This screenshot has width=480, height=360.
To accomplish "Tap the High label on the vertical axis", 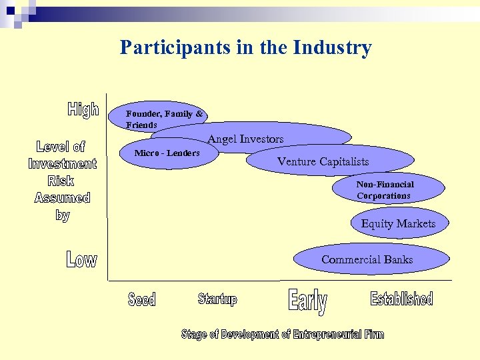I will (83, 110).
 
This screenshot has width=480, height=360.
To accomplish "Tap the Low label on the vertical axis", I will (81, 259).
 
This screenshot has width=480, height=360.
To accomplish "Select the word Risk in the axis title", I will (61, 181).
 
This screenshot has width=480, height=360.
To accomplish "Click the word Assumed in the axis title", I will (62, 198).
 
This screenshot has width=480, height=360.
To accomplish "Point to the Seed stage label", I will (141, 300).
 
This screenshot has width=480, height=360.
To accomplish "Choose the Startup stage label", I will (217, 299).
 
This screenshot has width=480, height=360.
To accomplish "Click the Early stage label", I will (307, 301).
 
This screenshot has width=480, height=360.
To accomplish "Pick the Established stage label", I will (401, 299).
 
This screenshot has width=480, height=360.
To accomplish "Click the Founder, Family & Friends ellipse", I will (163, 119).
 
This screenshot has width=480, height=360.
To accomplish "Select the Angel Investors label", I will (245, 139).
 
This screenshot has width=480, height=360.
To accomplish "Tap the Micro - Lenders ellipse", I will (167, 154).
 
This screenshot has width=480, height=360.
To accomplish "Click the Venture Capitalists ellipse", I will (323, 161).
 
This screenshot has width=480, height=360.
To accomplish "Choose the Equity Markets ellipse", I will (399, 224).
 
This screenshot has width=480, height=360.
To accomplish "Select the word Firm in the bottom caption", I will (374, 334).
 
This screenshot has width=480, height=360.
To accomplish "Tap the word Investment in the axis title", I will (63, 163).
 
